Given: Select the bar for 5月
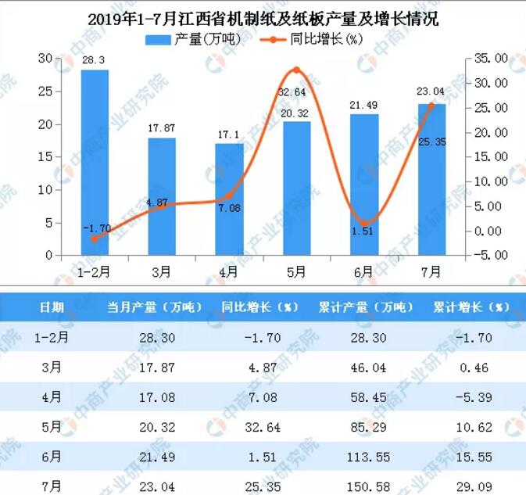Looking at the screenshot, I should [x=296, y=188].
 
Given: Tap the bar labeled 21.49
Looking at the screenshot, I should [x=363, y=185].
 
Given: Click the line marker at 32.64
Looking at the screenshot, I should [x=296, y=70].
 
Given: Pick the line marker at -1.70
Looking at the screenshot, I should [x=95, y=239].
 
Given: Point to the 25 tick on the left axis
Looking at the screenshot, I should [x=46, y=91].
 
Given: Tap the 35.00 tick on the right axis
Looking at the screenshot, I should [x=491, y=59].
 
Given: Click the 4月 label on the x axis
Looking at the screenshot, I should [x=229, y=271].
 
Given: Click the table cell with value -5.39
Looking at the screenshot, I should [x=471, y=398].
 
